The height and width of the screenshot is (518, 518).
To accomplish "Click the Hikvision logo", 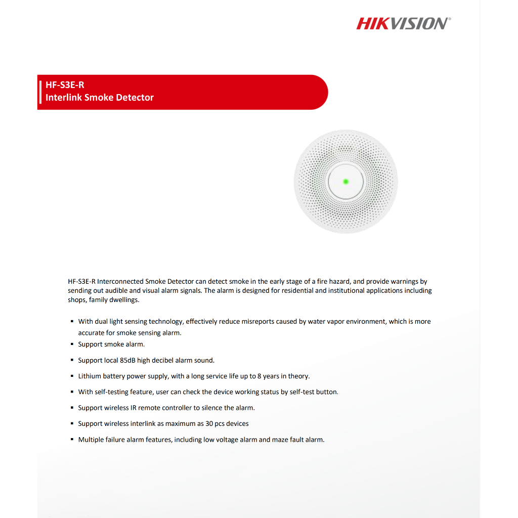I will click(x=403, y=23).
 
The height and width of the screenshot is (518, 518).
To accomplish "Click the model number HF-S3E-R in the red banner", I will click(x=65, y=85).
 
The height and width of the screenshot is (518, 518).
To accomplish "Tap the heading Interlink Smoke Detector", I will click(x=100, y=97).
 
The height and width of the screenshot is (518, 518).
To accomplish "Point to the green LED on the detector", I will click(x=346, y=181).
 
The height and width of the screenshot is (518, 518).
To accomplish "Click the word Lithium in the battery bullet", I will click(x=90, y=376).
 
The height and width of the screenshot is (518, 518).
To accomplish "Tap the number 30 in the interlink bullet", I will click(x=209, y=423).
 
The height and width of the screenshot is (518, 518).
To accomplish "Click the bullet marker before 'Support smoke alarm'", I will click(x=72, y=344).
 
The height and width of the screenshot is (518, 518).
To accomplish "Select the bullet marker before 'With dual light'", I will click(x=72, y=321).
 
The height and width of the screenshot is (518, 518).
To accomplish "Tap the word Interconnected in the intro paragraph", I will click(x=120, y=281).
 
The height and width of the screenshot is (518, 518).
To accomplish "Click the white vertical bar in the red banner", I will click(x=40, y=92).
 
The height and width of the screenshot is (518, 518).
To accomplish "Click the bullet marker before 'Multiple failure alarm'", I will click(x=72, y=440).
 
